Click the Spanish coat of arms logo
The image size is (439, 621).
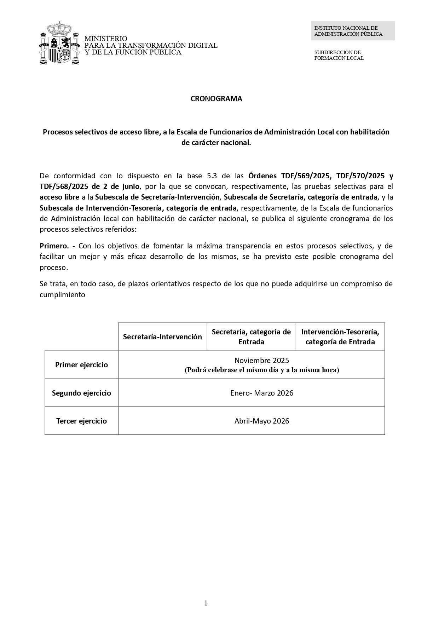(x=59, y=43)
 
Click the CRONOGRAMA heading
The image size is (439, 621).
(x=216, y=99)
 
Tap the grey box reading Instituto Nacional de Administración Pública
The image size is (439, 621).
(x=353, y=31)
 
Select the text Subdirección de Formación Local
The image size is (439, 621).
(x=339, y=55)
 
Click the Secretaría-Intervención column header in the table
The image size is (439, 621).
(x=162, y=337)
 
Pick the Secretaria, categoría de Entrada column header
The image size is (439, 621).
(x=251, y=337)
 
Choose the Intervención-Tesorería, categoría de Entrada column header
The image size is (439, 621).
(x=340, y=337)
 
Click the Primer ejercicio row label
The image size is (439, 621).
(x=81, y=365)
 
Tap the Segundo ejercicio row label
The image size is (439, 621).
(x=81, y=393)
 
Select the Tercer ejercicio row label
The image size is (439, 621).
(x=81, y=421)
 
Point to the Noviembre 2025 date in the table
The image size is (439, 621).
(x=262, y=360)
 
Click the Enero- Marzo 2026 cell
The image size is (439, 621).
(x=262, y=393)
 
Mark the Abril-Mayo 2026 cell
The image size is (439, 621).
(x=262, y=421)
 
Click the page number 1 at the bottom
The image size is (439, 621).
(x=206, y=603)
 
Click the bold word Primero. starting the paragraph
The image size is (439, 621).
(x=54, y=246)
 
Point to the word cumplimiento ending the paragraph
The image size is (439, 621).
(x=62, y=294)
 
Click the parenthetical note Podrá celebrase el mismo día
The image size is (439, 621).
(x=262, y=370)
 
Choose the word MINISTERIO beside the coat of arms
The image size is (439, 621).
(x=106, y=38)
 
